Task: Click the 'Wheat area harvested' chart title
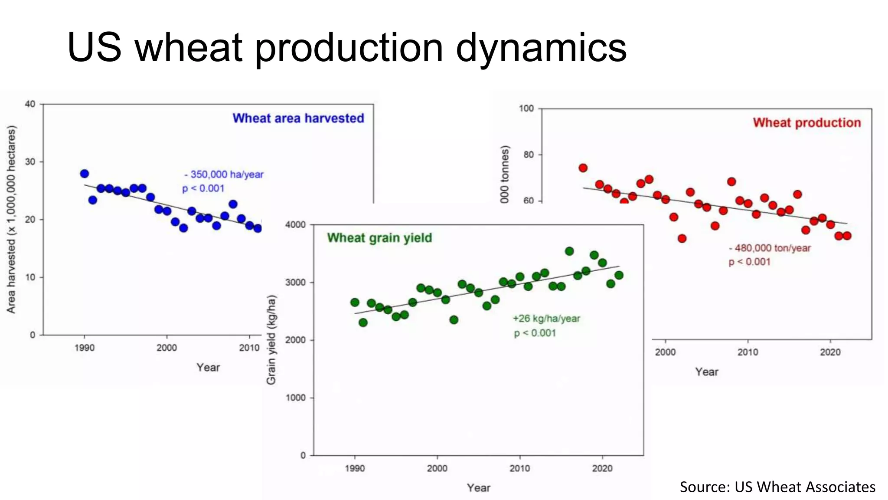coord(298,118)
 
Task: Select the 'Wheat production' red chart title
coord(806,123)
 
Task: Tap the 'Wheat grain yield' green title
coord(379,238)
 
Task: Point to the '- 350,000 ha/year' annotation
coord(224,174)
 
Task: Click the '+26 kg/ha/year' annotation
coord(546,319)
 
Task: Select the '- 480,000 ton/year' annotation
coord(770,248)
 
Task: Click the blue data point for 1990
coord(85,174)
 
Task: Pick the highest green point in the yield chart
coord(569,251)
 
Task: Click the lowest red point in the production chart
coord(682,238)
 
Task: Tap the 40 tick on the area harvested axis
coord(30,104)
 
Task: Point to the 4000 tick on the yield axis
coord(295,225)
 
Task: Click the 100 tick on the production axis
coord(526,109)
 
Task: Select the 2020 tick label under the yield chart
coord(602,468)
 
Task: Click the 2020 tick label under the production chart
coord(830,352)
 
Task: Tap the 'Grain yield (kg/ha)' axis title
coord(271,339)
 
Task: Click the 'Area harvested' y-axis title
coord(11,219)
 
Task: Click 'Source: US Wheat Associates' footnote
coord(777,487)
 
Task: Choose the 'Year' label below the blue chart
coord(208,368)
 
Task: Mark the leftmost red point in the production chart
coord(583,168)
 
